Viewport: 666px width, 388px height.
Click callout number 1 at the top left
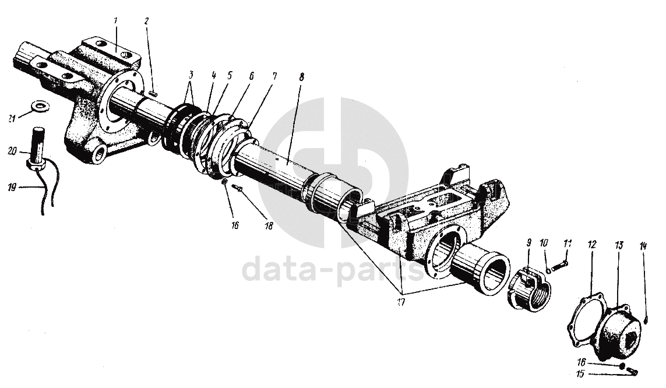pos(116,20)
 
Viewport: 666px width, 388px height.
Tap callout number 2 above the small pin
pos(147,22)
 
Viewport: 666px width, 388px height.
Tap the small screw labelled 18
pos(237,188)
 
